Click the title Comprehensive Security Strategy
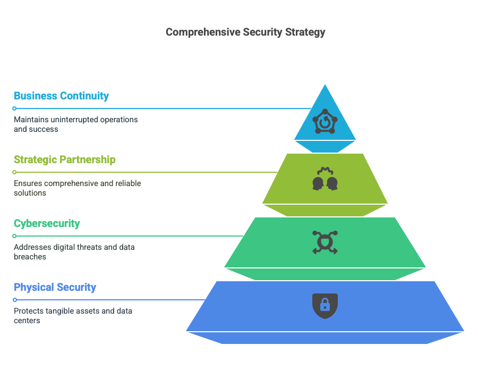point(245,32)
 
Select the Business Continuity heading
point(61,96)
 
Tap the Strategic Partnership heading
point(65,159)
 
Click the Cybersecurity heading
point(47,224)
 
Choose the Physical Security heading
point(55,288)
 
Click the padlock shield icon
point(325,306)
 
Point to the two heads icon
point(325,179)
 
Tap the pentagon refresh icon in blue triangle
point(325,121)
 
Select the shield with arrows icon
point(325,242)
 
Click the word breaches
point(30,257)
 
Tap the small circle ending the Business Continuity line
point(14,108)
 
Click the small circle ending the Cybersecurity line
point(14,236)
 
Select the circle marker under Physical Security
point(15,300)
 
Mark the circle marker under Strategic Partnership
point(14,172)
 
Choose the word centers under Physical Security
point(27,321)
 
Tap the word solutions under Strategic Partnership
point(30,193)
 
